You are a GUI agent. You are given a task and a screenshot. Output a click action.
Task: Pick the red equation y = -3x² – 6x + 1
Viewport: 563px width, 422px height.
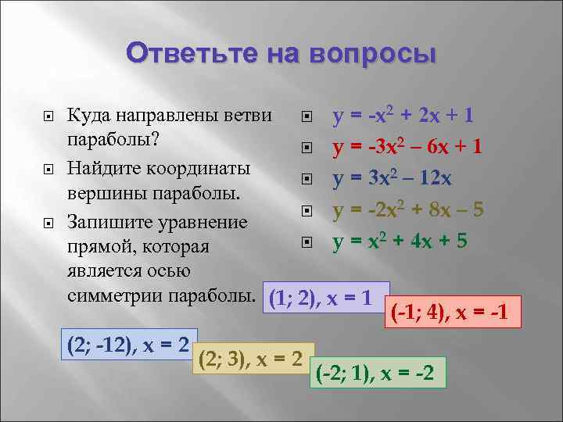(407, 146)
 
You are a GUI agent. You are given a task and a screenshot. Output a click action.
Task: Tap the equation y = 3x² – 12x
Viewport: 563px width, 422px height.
(391, 178)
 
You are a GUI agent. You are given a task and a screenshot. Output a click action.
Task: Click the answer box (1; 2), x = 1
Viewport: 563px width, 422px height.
(327, 298)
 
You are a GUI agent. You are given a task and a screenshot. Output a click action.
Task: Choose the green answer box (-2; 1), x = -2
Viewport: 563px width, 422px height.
(378, 373)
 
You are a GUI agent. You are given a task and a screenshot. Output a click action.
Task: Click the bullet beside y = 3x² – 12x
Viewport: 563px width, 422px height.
(307, 180)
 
